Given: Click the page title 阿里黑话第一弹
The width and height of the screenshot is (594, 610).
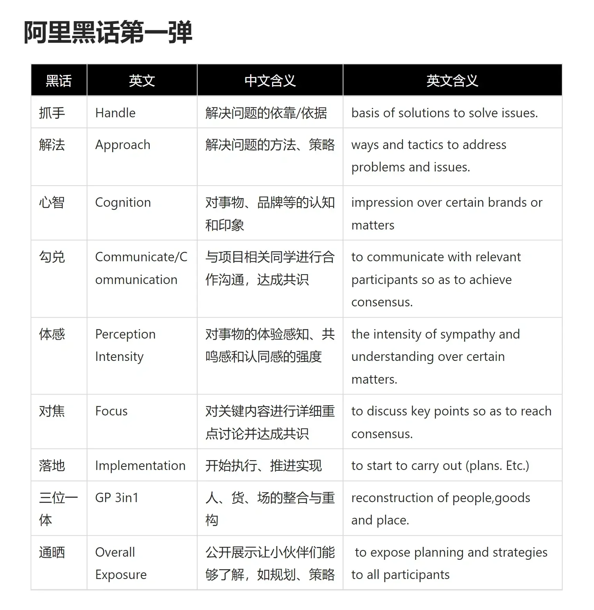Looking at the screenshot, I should click(108, 32).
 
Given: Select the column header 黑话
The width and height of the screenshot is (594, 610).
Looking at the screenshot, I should click(59, 81).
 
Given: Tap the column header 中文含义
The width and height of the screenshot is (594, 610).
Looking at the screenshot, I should click(270, 81).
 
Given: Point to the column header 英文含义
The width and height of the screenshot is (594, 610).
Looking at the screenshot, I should click(452, 81).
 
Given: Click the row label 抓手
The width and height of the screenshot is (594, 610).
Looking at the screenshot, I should click(52, 113).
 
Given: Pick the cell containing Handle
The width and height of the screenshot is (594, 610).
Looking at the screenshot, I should click(115, 113).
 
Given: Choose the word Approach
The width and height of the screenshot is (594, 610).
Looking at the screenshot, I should click(123, 145).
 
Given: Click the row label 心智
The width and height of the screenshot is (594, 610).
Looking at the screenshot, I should click(52, 202).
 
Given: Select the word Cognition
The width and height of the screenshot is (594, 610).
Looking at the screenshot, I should click(123, 202).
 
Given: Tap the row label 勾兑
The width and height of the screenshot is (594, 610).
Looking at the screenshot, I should click(52, 257).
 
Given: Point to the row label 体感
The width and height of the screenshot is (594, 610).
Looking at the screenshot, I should click(52, 334).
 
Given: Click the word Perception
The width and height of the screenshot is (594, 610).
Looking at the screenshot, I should click(125, 334).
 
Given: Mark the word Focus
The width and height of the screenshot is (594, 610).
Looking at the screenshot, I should click(111, 411).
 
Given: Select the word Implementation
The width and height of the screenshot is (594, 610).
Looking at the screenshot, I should click(140, 466).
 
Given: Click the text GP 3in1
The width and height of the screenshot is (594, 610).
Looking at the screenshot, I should click(117, 498).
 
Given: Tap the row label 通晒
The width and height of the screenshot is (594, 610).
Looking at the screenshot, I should click(52, 552).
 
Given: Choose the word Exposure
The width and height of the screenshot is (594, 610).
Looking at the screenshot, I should click(121, 575).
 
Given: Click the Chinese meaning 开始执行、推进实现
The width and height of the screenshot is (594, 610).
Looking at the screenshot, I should click(263, 466).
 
